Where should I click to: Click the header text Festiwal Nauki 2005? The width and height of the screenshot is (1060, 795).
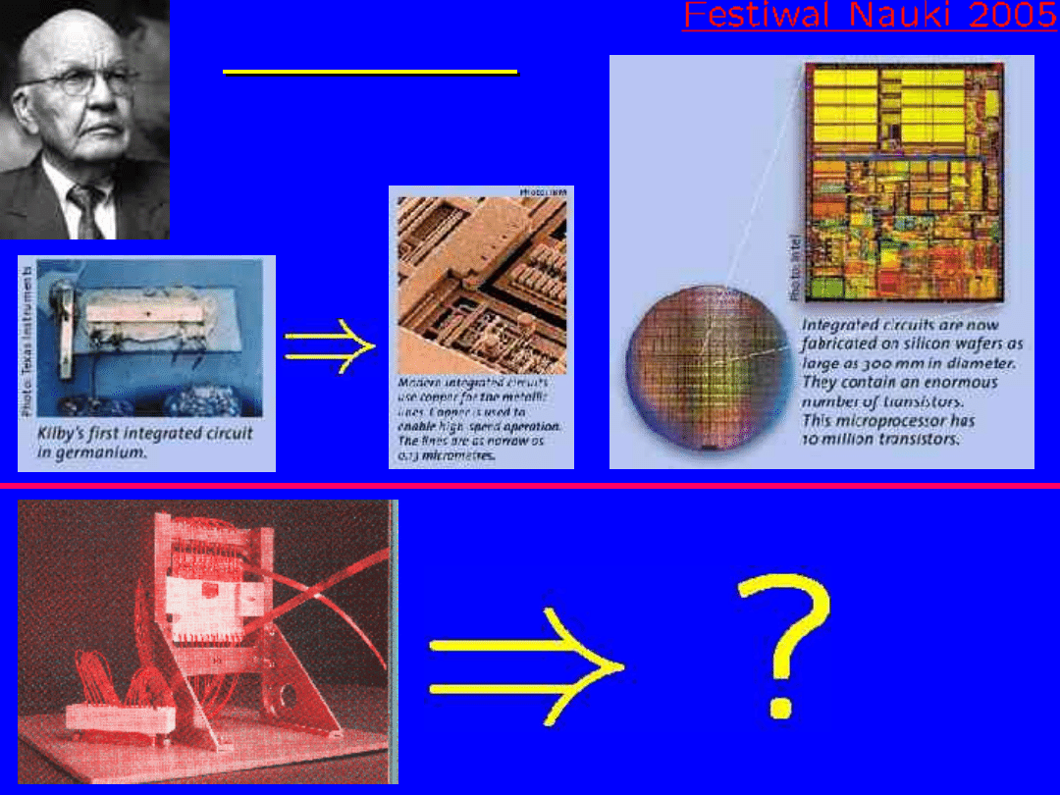(870, 16)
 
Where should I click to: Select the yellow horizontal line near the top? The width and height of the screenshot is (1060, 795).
(370, 72)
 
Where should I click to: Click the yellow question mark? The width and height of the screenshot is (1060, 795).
(782, 644)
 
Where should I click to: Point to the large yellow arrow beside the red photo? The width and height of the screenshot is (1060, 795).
(525, 665)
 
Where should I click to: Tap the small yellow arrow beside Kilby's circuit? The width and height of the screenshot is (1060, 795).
(330, 345)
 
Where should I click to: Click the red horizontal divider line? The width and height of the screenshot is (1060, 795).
(530, 485)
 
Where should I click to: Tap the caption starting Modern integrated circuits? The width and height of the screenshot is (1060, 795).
(479, 419)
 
